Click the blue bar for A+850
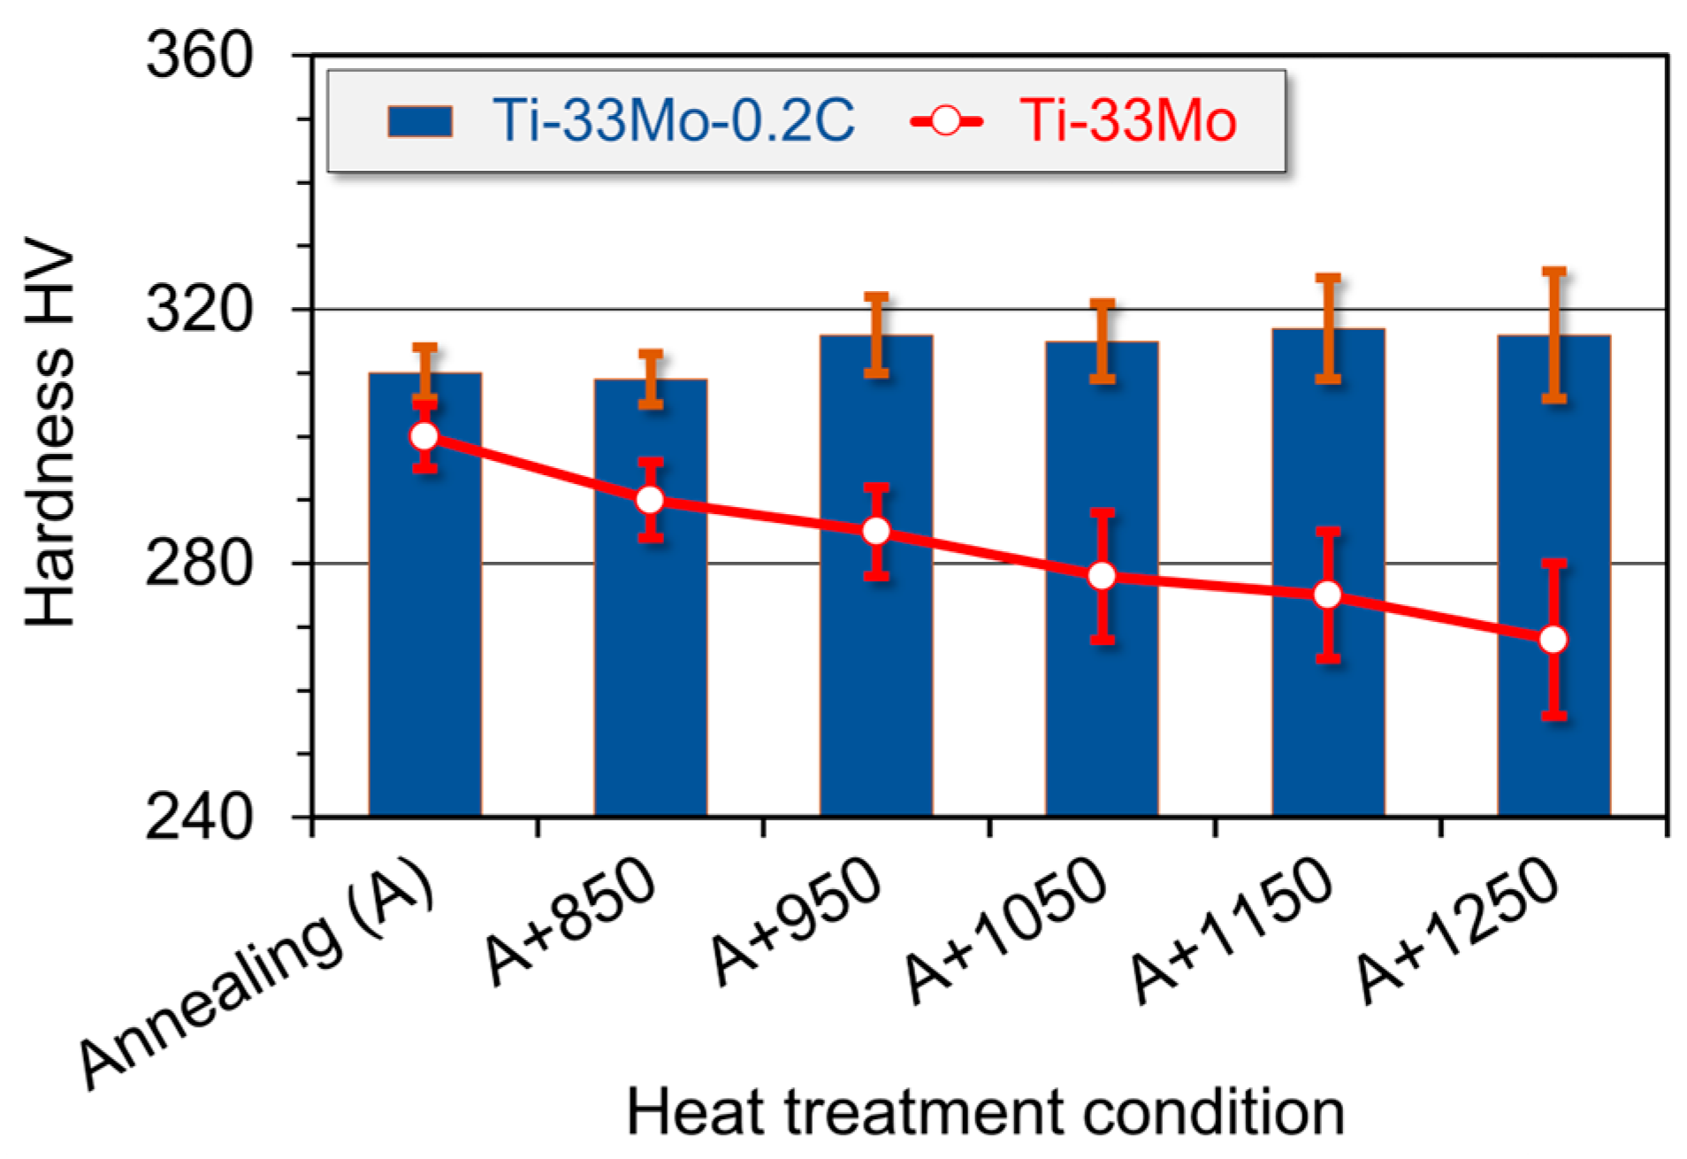(x=651, y=664)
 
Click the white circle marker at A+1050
(x=1102, y=577)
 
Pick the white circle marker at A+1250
(x=1553, y=640)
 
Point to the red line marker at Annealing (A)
(x=424, y=436)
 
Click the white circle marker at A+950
(x=876, y=532)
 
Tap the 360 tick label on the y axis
(x=199, y=56)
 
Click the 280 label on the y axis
(x=199, y=564)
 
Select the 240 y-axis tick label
(x=199, y=817)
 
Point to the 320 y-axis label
(x=199, y=310)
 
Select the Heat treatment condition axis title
(x=985, y=1112)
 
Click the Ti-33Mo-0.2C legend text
(x=674, y=120)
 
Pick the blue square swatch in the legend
(x=420, y=121)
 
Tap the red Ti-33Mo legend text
(x=1127, y=120)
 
